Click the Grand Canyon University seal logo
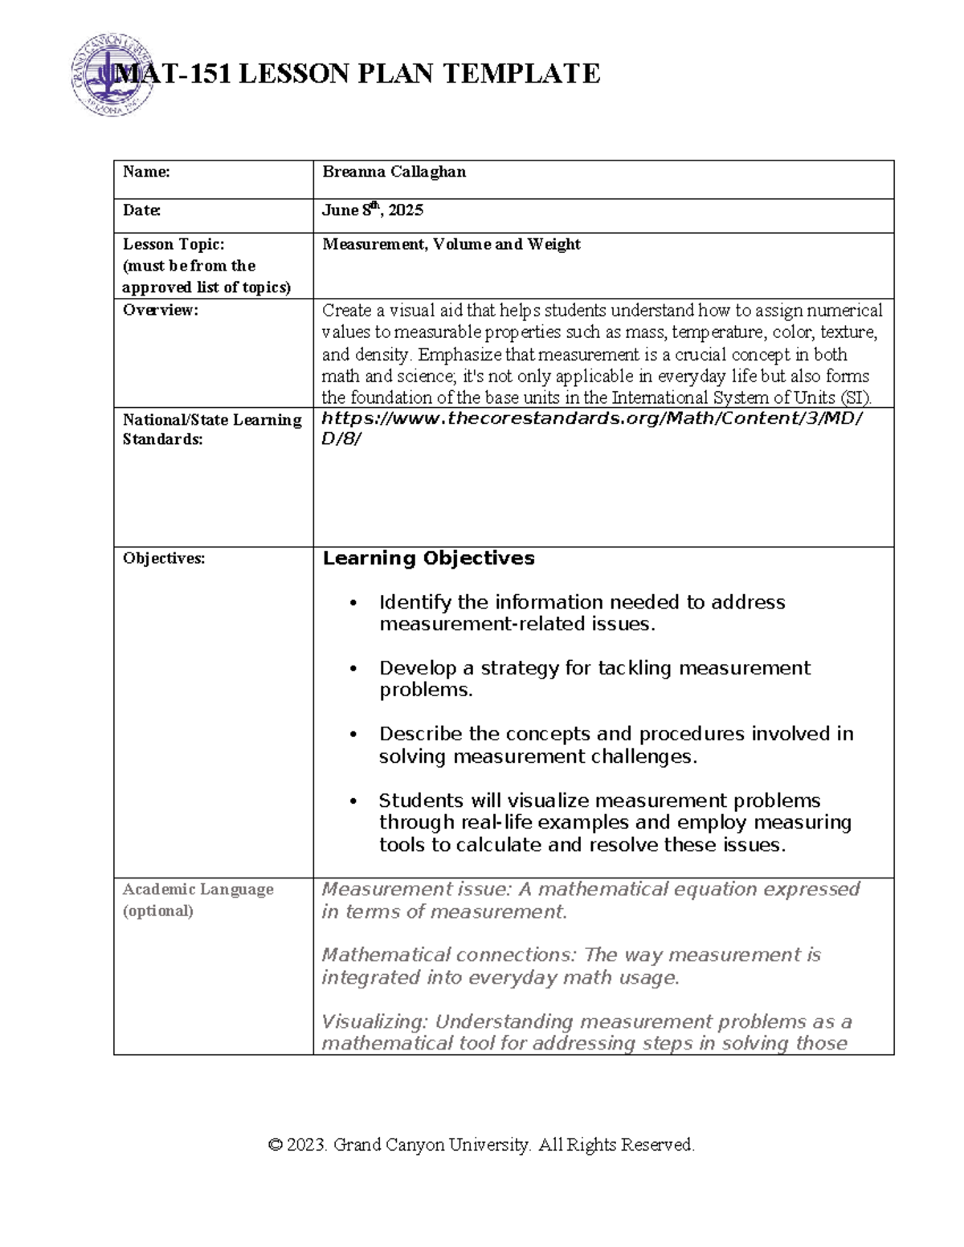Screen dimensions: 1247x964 (x=108, y=75)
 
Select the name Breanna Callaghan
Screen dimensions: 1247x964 (x=394, y=172)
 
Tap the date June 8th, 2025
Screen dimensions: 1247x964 (x=372, y=210)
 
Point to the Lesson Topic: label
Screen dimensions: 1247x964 (x=173, y=244)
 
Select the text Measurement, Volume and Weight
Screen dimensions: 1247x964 (x=451, y=244)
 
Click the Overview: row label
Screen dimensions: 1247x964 (x=159, y=311)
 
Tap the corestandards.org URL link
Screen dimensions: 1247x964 (x=591, y=418)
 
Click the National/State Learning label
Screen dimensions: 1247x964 (x=211, y=420)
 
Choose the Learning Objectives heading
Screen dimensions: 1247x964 (x=428, y=558)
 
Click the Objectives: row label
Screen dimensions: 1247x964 (x=163, y=559)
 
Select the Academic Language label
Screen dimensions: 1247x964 (x=198, y=890)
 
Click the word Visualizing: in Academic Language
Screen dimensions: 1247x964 (x=374, y=1021)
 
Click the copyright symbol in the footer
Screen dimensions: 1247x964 (x=276, y=1145)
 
